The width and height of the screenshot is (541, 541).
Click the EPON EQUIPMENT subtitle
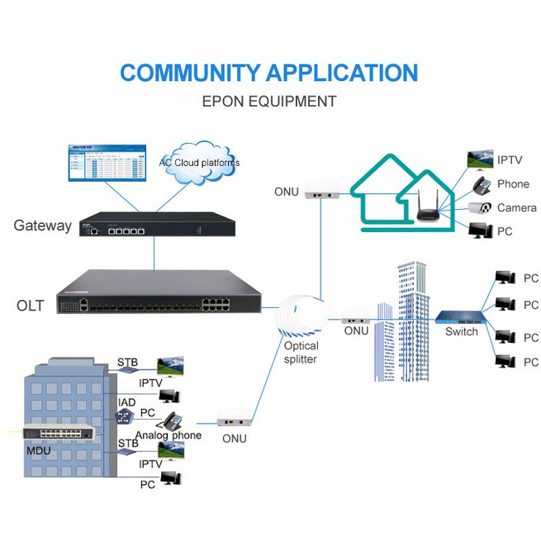click(x=269, y=102)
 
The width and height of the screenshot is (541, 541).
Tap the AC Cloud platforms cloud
click(x=199, y=162)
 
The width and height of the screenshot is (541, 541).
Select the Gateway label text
click(x=43, y=225)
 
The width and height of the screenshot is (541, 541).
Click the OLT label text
click(x=30, y=306)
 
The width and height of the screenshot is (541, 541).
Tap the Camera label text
click(x=516, y=208)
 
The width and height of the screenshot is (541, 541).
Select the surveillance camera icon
click(x=481, y=208)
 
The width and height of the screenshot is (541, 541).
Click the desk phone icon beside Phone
click(x=482, y=184)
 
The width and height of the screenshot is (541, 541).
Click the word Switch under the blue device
click(x=462, y=332)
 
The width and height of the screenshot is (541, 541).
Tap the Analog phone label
click(x=168, y=435)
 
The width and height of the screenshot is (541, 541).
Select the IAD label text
click(x=126, y=402)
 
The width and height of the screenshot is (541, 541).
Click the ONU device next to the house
click(x=320, y=191)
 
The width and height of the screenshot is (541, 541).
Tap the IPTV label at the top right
click(x=509, y=159)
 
